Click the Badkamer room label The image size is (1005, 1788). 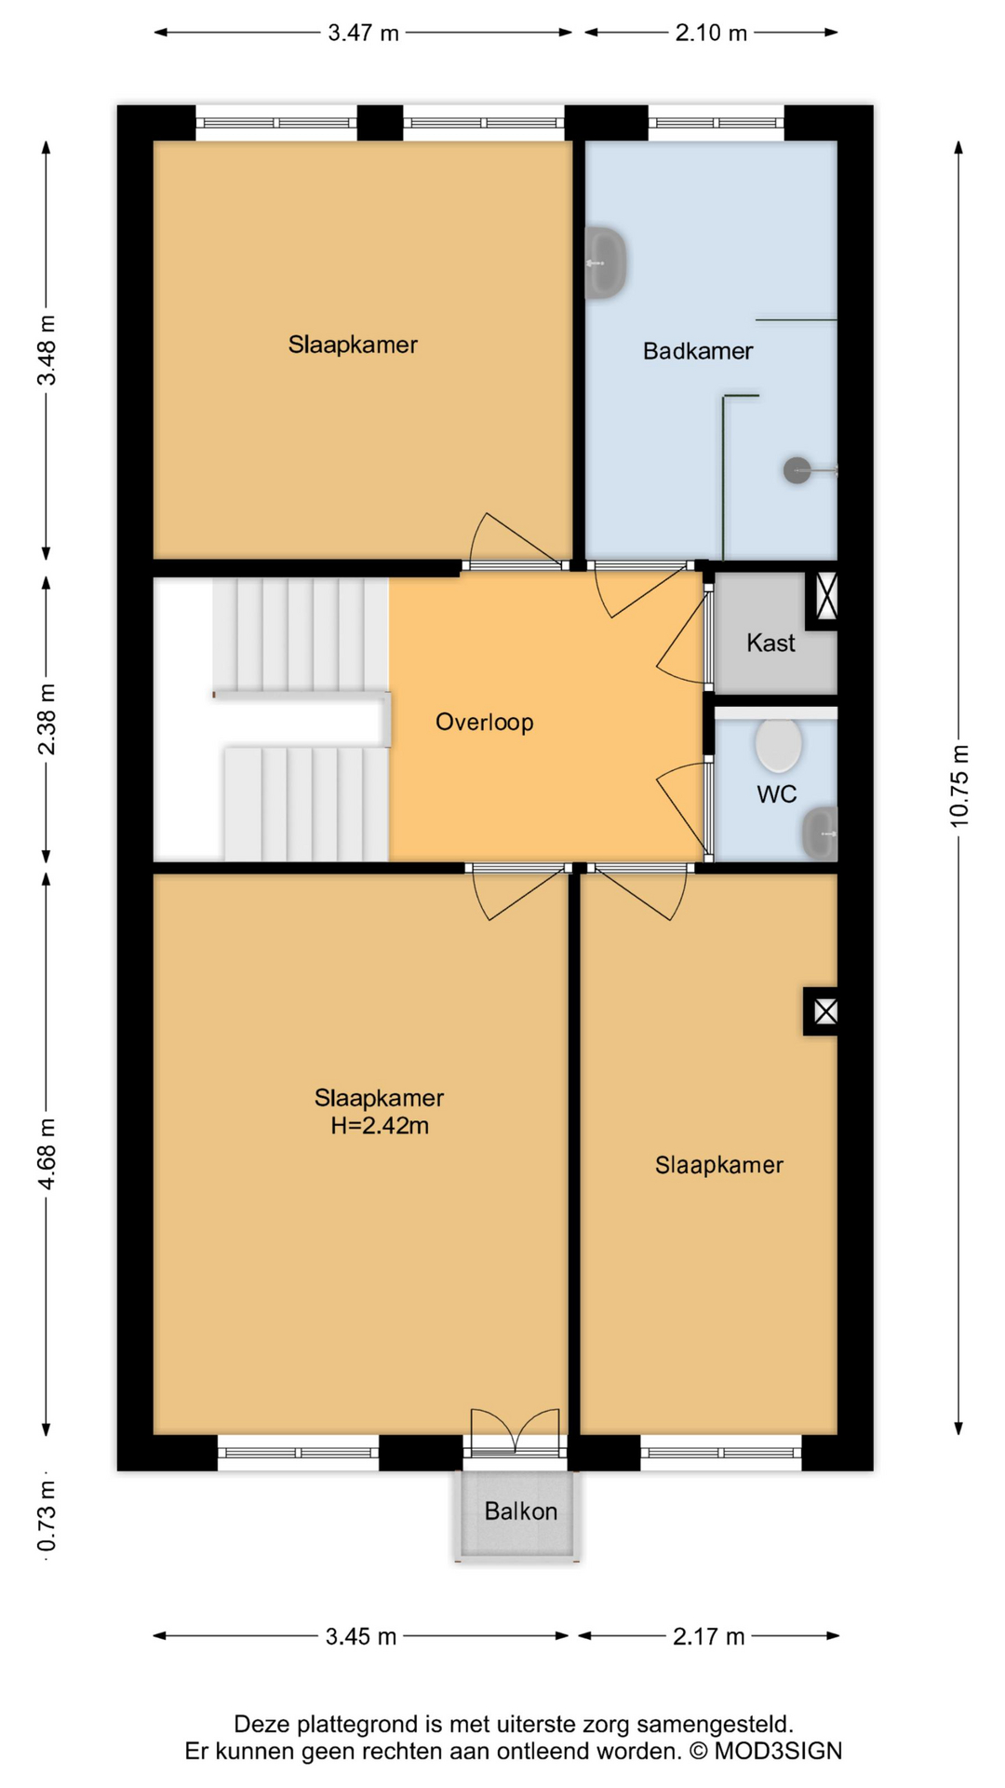pyautogui.click(x=697, y=351)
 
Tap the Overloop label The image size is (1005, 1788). pyautogui.click(x=484, y=723)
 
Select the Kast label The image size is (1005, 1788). pyautogui.click(x=770, y=643)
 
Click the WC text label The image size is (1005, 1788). pyautogui.click(x=776, y=794)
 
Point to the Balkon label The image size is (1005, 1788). pyautogui.click(x=520, y=1511)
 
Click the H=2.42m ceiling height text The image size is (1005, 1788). pyautogui.click(x=380, y=1126)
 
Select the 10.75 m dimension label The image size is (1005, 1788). pyautogui.click(x=959, y=786)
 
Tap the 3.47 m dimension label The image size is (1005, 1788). pyautogui.click(x=363, y=34)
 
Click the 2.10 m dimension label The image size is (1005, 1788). pyautogui.click(x=711, y=34)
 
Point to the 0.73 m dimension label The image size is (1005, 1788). pyautogui.click(x=47, y=1518)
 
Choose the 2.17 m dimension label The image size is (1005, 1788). pyautogui.click(x=708, y=1637)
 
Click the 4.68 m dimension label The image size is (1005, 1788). pyautogui.click(x=47, y=1155)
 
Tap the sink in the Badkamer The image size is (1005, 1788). pyautogui.click(x=605, y=264)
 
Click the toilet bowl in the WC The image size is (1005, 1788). pyautogui.click(x=778, y=745)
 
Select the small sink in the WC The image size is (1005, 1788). pyautogui.click(x=821, y=833)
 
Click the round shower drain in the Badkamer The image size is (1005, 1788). pyautogui.click(x=797, y=470)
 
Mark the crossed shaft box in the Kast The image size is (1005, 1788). pyautogui.click(x=826, y=596)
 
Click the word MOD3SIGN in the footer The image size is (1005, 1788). pyautogui.click(x=778, y=1752)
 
